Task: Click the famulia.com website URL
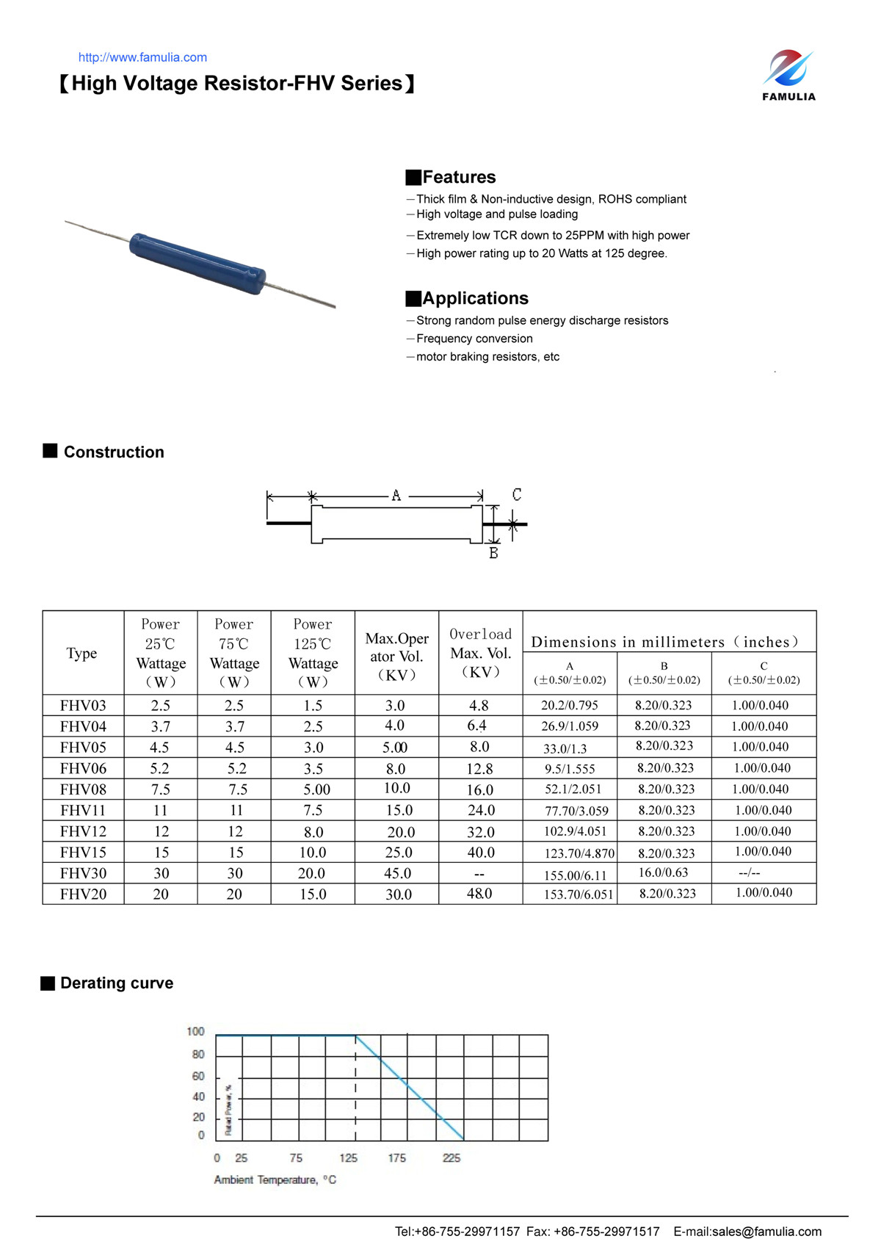tap(142, 57)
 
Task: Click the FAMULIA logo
tap(788, 75)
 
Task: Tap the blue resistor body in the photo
tap(197, 263)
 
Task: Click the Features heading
tap(459, 177)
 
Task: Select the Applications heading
tap(475, 298)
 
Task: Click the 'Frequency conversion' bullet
tap(474, 339)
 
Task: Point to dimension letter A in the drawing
tap(396, 496)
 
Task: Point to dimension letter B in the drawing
tap(493, 553)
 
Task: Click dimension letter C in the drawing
tap(517, 494)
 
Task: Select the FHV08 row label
tap(83, 789)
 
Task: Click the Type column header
tap(81, 653)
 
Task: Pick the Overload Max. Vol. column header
tap(480, 653)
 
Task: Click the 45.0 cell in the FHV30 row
tap(397, 873)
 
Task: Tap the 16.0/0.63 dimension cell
tap(663, 872)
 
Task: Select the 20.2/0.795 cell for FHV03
tap(569, 705)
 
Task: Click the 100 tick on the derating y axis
tap(195, 1032)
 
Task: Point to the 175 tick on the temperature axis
tap(397, 1158)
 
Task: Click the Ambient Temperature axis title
tap(275, 1180)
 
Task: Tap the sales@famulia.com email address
tap(766, 1232)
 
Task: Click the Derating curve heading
tap(117, 983)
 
